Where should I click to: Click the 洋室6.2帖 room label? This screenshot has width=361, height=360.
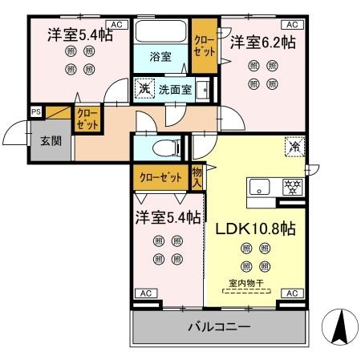[x=263, y=42]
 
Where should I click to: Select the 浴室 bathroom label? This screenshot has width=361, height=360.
[x=161, y=56]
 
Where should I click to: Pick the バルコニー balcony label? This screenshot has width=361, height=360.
[x=219, y=328]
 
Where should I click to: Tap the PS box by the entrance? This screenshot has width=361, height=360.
[x=36, y=111]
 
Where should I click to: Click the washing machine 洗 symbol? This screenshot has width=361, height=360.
[x=144, y=88]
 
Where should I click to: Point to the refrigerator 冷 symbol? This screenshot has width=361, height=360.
[x=294, y=148]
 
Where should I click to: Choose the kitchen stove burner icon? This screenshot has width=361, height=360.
[x=293, y=187]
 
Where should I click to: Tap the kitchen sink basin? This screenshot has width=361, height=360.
[x=262, y=188]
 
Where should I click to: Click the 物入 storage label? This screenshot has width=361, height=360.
[x=197, y=177]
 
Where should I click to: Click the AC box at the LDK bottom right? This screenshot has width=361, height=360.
[x=292, y=293]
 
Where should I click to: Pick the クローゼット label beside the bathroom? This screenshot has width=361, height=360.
[x=204, y=45]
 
